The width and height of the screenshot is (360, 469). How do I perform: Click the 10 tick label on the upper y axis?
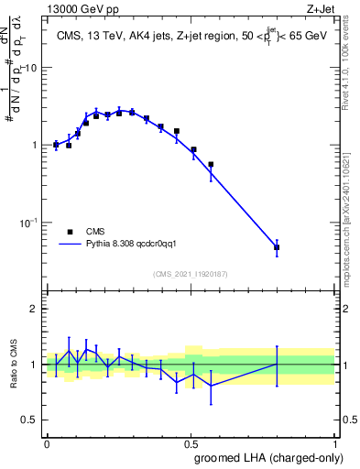(x=30, y=69)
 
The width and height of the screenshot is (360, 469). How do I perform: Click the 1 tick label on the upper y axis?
(x=34, y=146)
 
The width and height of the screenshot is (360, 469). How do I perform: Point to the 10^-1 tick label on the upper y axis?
(x=29, y=223)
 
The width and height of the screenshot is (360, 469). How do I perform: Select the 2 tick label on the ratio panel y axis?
(x=34, y=309)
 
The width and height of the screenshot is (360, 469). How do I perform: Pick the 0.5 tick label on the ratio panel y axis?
(x=30, y=420)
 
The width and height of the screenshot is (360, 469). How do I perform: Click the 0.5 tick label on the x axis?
(x=191, y=442)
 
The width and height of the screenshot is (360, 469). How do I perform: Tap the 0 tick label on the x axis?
(x=47, y=442)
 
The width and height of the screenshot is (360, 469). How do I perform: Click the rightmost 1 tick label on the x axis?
(x=334, y=442)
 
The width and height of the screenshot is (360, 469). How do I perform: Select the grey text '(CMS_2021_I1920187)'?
(x=190, y=272)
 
